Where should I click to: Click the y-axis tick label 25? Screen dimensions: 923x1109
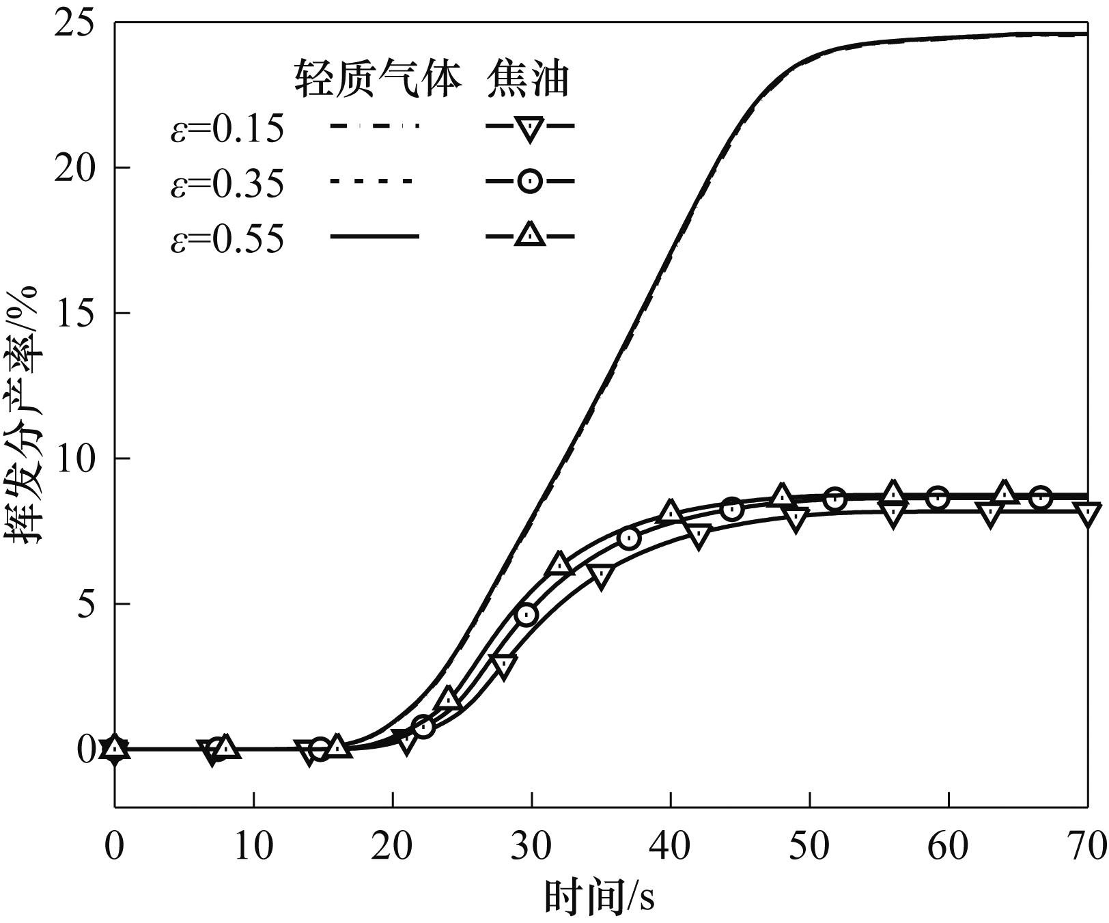pyautogui.click(x=76, y=25)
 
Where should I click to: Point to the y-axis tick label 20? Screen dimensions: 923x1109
pyautogui.click(x=76, y=168)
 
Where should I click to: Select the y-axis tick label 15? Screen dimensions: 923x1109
pyautogui.click(x=76, y=314)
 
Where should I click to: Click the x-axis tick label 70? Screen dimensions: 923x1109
pyautogui.click(x=1086, y=847)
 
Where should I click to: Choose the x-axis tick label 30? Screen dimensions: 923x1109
pyautogui.click(x=532, y=847)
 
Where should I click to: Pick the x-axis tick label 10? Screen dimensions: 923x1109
pyautogui.click(x=253, y=847)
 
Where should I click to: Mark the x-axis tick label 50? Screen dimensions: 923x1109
pyautogui.click(x=810, y=847)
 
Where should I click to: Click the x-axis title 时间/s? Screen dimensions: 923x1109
pyautogui.click(x=599, y=894)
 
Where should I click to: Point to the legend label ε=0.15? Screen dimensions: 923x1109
pyautogui.click(x=227, y=128)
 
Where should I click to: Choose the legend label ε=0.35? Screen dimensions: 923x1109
pyautogui.click(x=227, y=184)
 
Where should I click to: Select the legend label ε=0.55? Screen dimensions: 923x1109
pyautogui.click(x=227, y=240)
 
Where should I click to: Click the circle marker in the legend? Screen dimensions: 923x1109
pyautogui.click(x=530, y=182)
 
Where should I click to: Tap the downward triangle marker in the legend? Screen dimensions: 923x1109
pyautogui.click(x=530, y=128)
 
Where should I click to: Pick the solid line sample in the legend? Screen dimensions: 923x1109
pyautogui.click(x=374, y=237)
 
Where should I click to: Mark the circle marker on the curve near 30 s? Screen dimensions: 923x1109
pyautogui.click(x=527, y=615)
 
